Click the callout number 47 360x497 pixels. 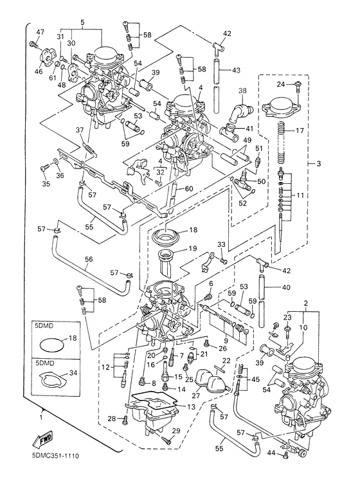coord(40,32)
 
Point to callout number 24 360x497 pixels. coord(280,85)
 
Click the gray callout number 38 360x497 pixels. coord(242,91)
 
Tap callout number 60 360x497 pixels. coord(189,188)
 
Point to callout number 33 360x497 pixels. coord(221,245)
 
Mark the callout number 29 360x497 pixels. coord(175,430)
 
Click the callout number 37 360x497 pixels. coord(80,131)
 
